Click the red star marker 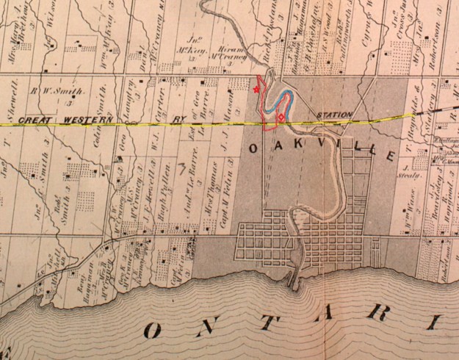[256, 90]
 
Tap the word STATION [334, 115]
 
